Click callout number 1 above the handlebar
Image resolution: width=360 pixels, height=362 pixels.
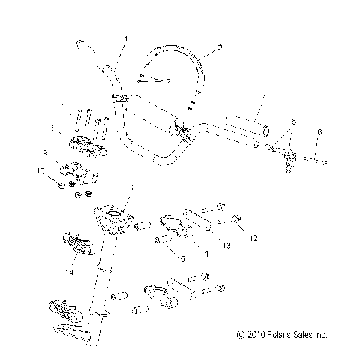[x=126, y=38]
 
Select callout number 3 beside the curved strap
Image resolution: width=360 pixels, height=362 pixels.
[x=219, y=47]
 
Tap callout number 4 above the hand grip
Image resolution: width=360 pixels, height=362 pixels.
[x=264, y=98]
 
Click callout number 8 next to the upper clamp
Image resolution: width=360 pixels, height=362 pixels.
[x=53, y=130]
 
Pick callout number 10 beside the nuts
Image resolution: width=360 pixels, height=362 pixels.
[x=41, y=171]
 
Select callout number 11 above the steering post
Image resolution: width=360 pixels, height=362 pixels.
[x=134, y=186]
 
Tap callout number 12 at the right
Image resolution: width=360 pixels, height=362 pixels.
[x=253, y=238]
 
